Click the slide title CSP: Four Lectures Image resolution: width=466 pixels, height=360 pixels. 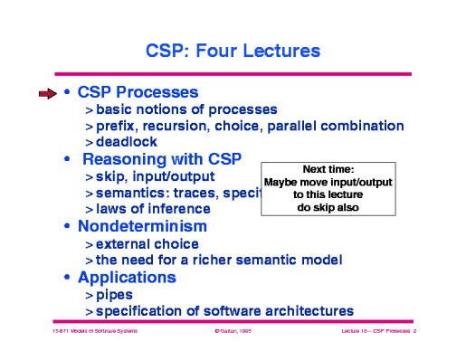pyautogui.click(x=233, y=48)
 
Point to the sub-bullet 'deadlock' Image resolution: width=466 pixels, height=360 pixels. pyautogui.click(x=126, y=142)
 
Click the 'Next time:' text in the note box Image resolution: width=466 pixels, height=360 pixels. pyautogui.click(x=328, y=169)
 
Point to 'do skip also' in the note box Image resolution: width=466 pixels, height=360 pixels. pyautogui.click(x=328, y=207)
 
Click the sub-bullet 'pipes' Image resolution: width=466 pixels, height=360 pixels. pyautogui.click(x=112, y=294)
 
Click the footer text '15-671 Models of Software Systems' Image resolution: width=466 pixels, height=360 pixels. pyautogui.click(x=88, y=333)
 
